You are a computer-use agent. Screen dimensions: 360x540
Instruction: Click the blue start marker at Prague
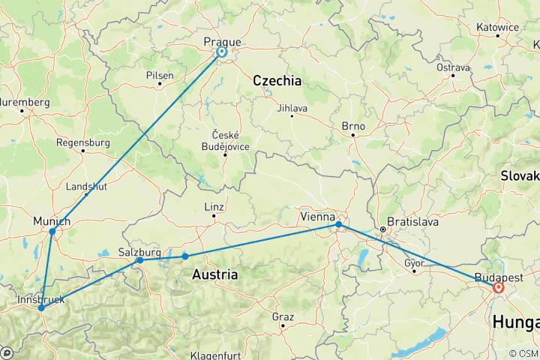[222, 52]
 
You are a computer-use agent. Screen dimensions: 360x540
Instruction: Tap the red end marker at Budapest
[498, 286]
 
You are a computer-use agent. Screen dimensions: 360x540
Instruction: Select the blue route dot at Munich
[52, 232]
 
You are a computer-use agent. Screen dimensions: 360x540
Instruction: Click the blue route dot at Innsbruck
[41, 308]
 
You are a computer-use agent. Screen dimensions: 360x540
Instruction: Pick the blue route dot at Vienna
[339, 224]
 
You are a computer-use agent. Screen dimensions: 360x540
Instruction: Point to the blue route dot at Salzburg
[140, 259]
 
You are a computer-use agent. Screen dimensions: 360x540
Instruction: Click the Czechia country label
[277, 81]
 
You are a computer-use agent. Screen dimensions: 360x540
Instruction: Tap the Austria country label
[215, 275]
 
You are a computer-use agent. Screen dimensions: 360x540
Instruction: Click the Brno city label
[352, 126]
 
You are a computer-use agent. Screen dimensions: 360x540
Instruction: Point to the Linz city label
[214, 207]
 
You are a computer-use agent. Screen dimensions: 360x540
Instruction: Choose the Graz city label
[283, 317]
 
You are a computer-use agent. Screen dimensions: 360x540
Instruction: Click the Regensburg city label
[82, 142]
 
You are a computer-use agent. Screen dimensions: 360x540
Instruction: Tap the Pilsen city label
[160, 75]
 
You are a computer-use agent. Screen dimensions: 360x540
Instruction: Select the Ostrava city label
[453, 67]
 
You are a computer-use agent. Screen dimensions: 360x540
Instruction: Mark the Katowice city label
[497, 28]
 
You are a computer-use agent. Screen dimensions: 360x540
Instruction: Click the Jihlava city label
[292, 108]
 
